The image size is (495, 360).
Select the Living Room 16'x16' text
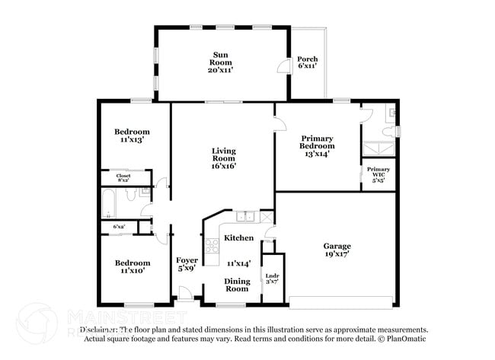click(223, 158)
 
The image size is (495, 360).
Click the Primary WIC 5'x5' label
click(378, 174)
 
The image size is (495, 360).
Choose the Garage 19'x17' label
click(337, 250)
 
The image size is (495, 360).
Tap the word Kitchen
click(238, 238)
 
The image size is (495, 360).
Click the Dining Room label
click(236, 285)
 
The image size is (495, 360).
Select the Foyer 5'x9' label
click(187, 264)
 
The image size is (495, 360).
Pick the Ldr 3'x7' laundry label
click(272, 279)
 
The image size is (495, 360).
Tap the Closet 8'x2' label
click(123, 178)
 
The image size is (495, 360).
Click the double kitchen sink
click(245, 217)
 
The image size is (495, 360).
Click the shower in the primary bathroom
click(378, 149)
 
